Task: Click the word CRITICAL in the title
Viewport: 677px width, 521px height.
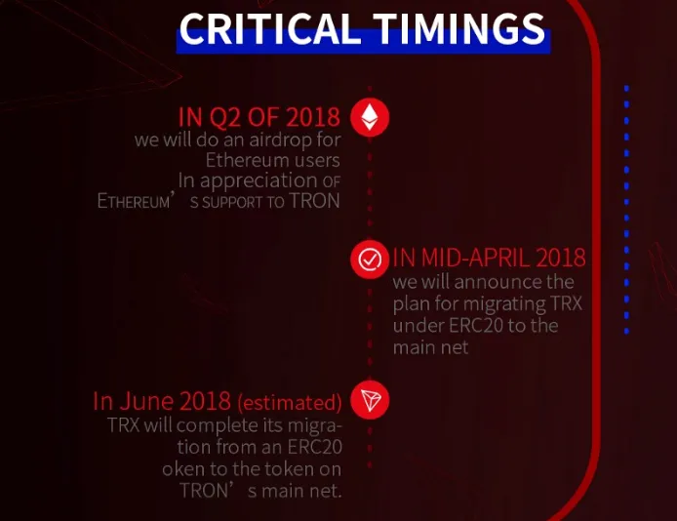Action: tap(270, 28)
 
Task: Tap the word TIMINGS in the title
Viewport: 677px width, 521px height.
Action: tap(458, 28)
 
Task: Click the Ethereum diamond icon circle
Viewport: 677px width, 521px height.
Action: tap(370, 117)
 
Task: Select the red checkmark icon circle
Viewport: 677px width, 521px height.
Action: tap(370, 260)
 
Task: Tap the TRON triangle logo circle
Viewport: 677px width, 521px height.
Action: tap(370, 400)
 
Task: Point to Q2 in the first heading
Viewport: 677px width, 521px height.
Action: tap(225, 117)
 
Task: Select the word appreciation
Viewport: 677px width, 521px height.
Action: tap(259, 181)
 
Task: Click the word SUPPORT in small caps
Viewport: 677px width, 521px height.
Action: tap(232, 202)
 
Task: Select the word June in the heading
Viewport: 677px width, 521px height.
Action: tap(146, 401)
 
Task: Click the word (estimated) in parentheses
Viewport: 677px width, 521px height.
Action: tap(290, 403)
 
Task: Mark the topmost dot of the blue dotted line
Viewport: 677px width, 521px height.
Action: tap(626, 89)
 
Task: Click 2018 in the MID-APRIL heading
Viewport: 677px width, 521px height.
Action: tap(560, 258)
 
